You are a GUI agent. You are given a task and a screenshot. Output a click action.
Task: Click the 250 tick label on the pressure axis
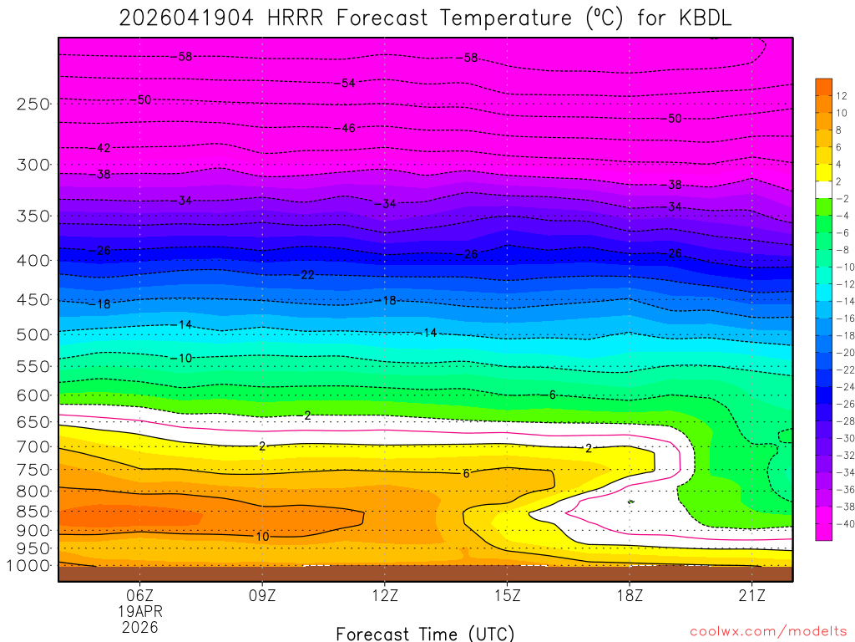click(x=33, y=104)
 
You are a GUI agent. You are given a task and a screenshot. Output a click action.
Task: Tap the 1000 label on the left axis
click(x=30, y=566)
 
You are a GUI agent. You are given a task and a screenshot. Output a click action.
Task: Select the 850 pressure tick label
click(x=33, y=512)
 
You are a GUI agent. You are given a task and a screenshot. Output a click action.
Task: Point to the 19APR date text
click(x=139, y=611)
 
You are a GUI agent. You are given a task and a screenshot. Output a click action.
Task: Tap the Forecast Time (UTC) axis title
click(x=425, y=633)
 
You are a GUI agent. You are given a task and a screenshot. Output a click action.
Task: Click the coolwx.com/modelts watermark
click(x=768, y=631)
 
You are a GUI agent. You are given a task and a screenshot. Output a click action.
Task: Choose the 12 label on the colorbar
click(x=841, y=94)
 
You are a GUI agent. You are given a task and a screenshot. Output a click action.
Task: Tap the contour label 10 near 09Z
click(x=261, y=536)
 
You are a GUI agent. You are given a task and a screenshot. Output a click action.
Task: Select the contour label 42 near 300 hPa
click(x=102, y=148)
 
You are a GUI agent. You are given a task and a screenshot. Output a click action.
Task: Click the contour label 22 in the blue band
click(x=306, y=275)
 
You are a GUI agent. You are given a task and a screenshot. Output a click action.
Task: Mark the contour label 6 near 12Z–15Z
click(x=466, y=474)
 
